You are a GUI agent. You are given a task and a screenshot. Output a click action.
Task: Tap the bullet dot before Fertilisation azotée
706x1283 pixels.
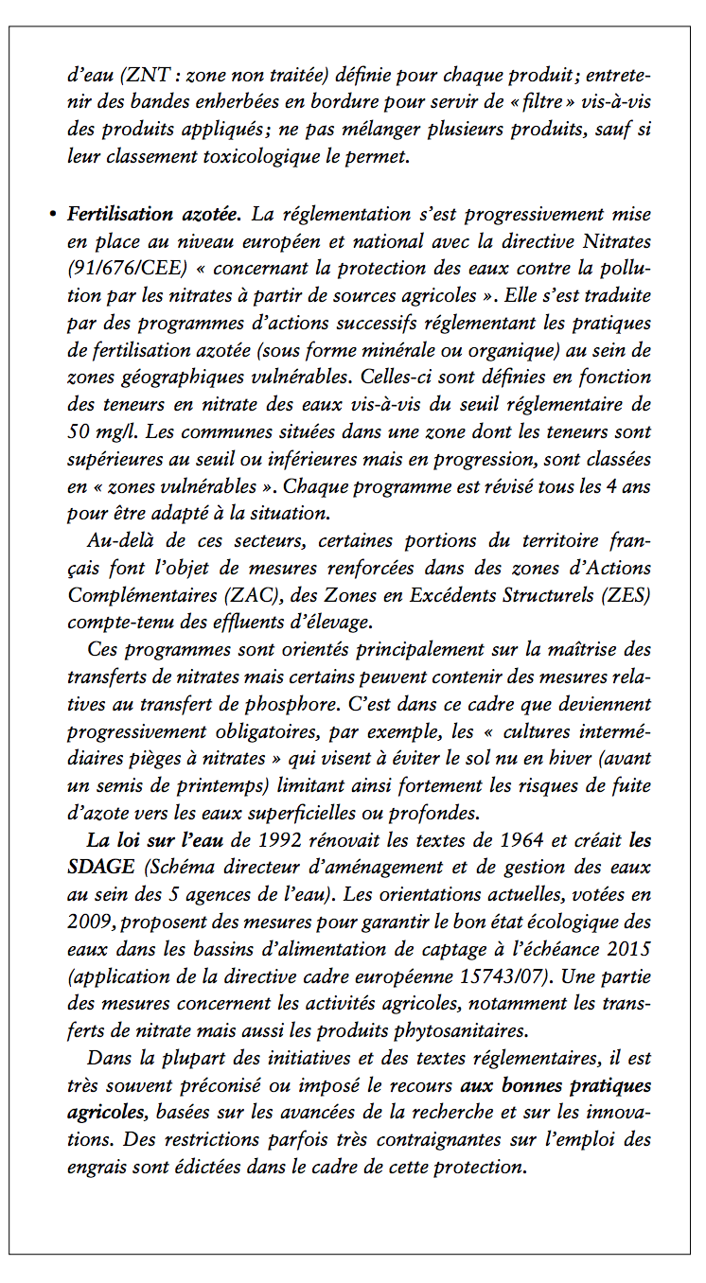click(x=53, y=215)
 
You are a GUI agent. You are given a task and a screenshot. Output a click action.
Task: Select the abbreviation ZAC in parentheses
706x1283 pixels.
click(x=246, y=596)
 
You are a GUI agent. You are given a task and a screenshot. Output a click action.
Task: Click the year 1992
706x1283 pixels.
click(x=282, y=840)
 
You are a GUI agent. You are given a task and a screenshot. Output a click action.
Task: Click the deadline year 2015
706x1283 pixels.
click(x=626, y=950)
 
